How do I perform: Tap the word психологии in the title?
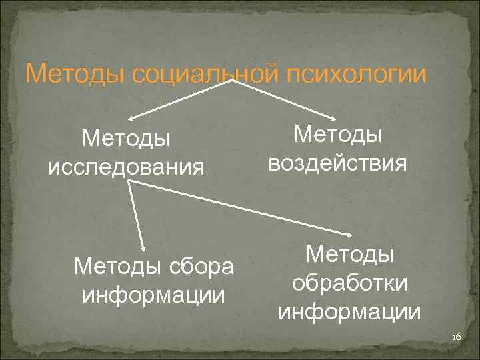[x=355, y=73]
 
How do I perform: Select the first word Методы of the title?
[x=74, y=73]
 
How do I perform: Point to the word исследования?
[x=126, y=166]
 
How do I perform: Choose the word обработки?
[x=350, y=283]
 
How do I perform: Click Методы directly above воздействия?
[x=338, y=135]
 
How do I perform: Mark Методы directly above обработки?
[x=350, y=255]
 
